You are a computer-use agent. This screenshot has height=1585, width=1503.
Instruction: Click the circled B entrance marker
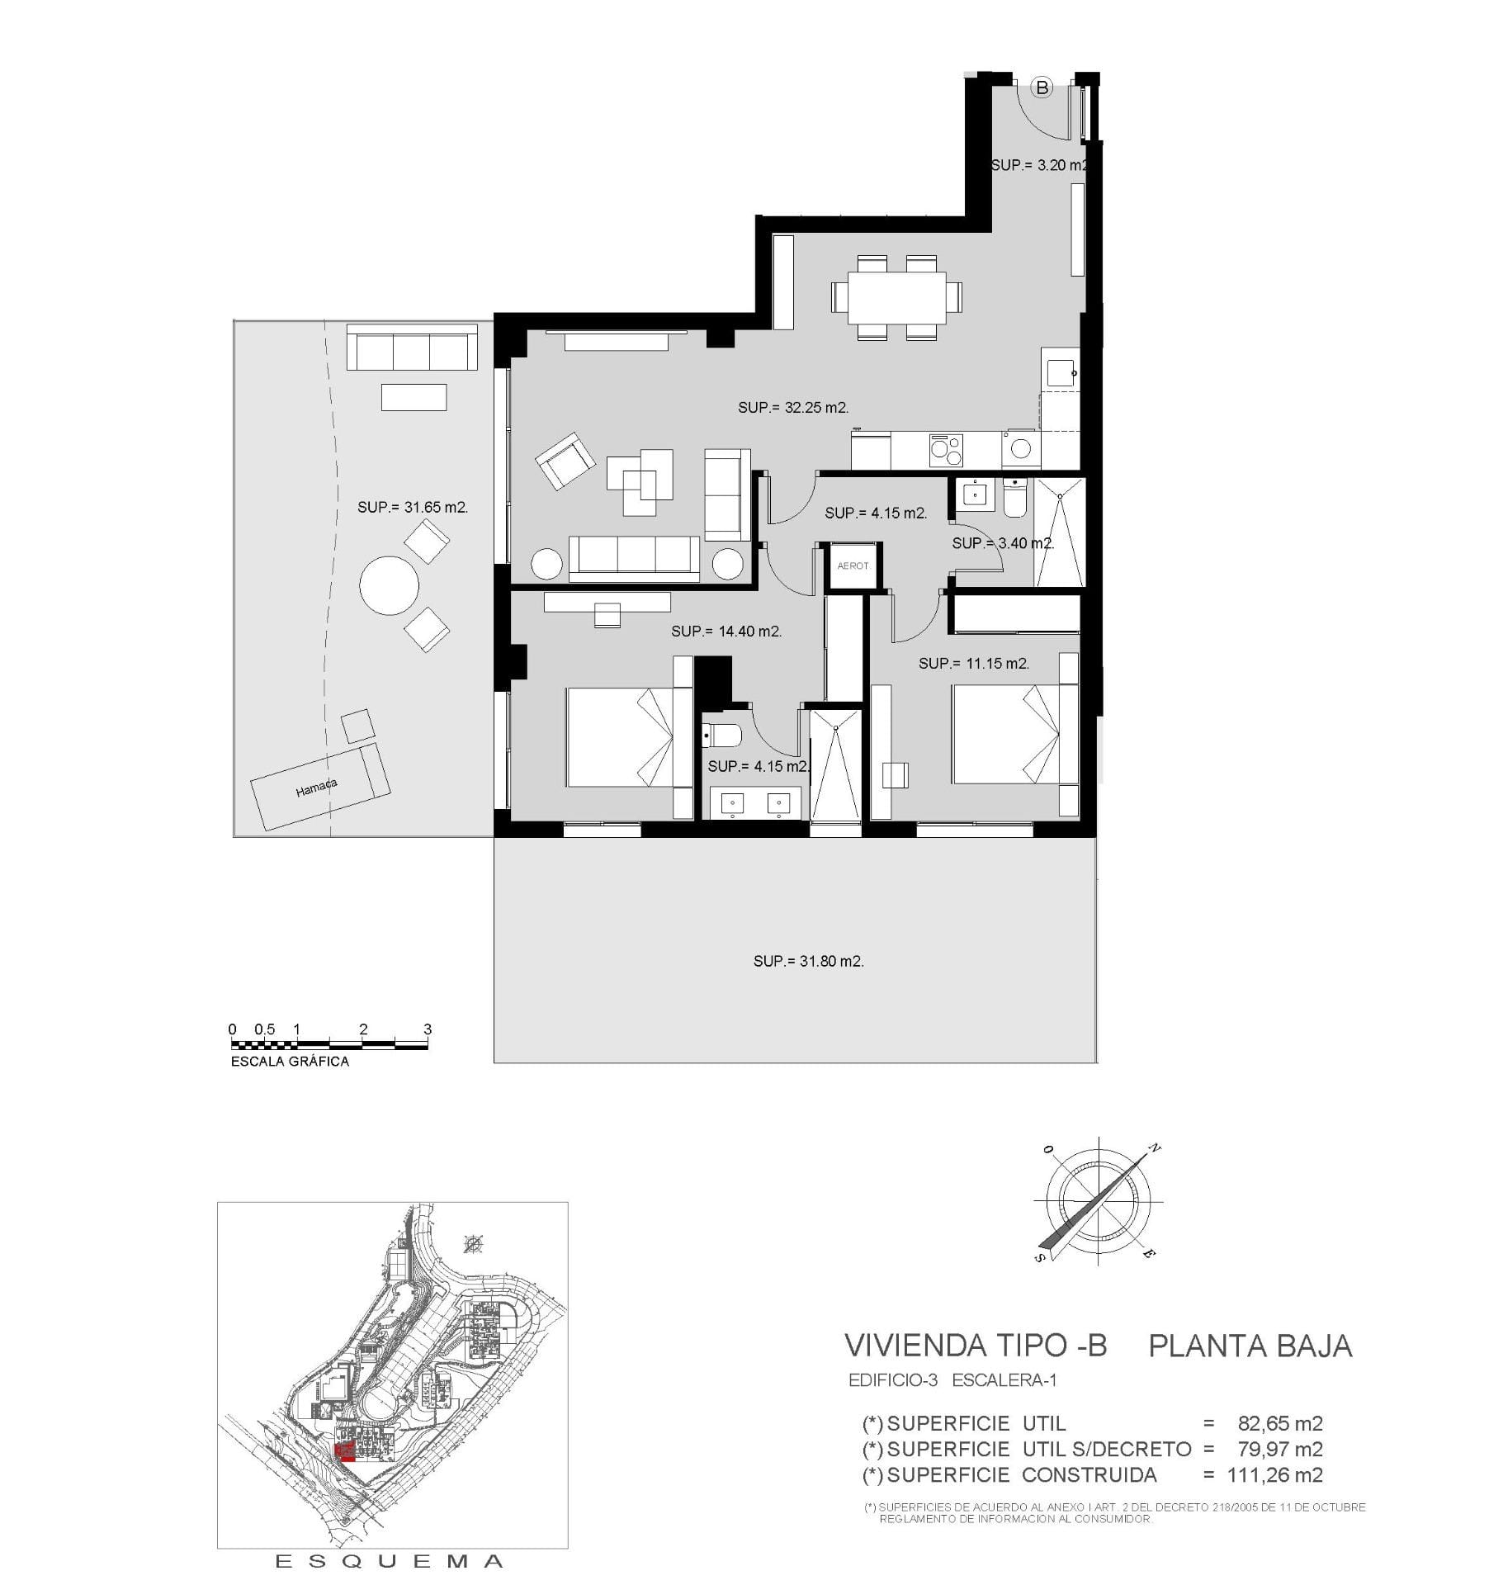click(x=1042, y=87)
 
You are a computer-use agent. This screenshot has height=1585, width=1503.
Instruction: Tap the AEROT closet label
click(x=853, y=566)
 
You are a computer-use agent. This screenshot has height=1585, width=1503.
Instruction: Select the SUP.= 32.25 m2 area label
click(x=793, y=408)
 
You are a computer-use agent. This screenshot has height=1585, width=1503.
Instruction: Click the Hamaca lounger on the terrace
click(x=320, y=787)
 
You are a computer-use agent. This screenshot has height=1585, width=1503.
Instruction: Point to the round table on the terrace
click(x=389, y=585)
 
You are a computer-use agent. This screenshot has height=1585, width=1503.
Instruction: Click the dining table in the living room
click(x=896, y=298)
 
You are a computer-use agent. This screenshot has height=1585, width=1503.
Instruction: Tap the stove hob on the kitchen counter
click(x=946, y=451)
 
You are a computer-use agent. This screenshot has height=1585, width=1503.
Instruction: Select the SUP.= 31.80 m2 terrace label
click(x=809, y=962)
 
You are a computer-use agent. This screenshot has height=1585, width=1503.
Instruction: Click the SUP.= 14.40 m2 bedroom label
click(x=726, y=632)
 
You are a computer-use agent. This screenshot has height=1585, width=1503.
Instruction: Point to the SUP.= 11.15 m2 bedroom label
click(x=974, y=664)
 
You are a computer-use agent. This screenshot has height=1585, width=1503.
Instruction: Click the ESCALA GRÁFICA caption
click(x=290, y=1062)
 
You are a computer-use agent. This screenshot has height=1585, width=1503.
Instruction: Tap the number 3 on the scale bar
click(x=428, y=1029)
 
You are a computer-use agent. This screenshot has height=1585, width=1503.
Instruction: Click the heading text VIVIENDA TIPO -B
click(x=976, y=1346)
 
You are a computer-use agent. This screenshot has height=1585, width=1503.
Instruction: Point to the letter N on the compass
click(x=1156, y=1148)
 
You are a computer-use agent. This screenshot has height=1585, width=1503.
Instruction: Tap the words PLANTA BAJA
click(x=1250, y=1346)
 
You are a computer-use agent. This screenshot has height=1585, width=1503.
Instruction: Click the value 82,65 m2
click(x=1280, y=1423)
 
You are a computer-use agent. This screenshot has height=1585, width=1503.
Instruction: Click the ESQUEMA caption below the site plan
click(x=389, y=1561)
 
